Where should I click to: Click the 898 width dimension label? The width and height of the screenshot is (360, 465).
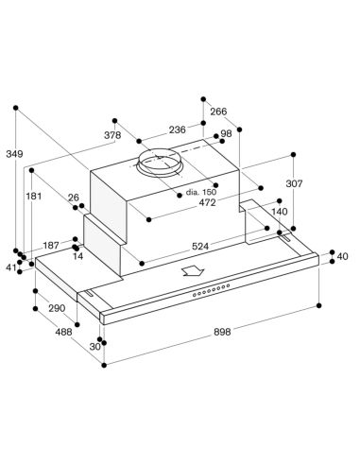pos(222,332)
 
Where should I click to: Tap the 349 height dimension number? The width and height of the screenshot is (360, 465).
pos(14,154)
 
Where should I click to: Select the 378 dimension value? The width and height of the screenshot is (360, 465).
pos(112,135)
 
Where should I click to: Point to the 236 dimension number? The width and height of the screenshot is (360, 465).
pos(178,129)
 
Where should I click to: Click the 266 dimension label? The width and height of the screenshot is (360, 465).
pos(218,112)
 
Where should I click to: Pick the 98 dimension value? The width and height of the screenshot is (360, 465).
pos(226,133)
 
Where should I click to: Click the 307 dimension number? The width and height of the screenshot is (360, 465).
pos(294,183)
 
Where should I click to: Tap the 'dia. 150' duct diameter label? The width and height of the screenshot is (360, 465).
pos(201,192)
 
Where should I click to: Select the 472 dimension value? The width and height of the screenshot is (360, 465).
pos(208,202)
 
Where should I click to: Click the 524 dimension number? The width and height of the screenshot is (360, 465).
pos(200,246)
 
